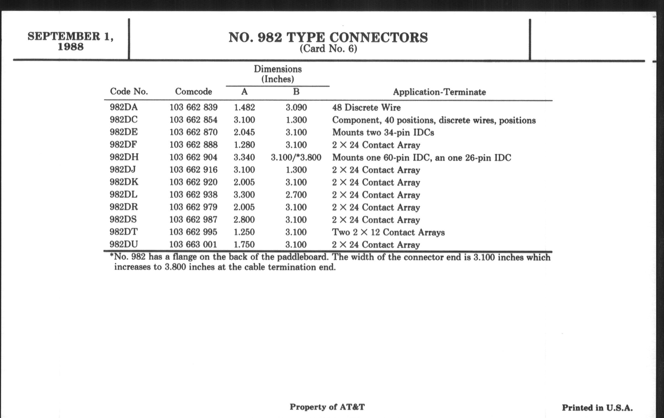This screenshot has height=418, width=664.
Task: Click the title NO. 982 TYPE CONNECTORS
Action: click(x=328, y=37)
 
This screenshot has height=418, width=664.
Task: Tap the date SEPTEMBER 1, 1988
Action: click(x=71, y=41)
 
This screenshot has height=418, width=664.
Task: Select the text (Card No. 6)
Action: click(x=328, y=49)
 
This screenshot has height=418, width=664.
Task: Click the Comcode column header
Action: click(x=193, y=91)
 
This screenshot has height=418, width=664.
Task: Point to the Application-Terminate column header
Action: click(x=439, y=92)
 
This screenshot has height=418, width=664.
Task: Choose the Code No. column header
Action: click(x=129, y=91)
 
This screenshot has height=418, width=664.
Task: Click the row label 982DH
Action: click(x=124, y=157)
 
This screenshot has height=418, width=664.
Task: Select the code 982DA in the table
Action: click(x=123, y=107)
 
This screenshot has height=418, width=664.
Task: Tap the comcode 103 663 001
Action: click(x=193, y=245)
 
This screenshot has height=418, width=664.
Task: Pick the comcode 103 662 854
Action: click(x=193, y=120)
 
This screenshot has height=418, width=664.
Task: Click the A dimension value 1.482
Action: click(x=244, y=107)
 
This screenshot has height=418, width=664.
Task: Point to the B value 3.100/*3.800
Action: click(x=296, y=158)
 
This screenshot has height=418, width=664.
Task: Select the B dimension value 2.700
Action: click(x=296, y=195)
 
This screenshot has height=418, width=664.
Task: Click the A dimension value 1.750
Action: click(x=244, y=245)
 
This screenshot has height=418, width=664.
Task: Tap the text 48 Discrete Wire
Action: click(x=366, y=107)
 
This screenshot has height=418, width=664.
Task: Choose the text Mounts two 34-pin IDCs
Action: click(x=383, y=133)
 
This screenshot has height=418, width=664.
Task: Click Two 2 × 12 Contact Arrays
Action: click(x=388, y=232)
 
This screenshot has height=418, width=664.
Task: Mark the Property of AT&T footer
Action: click(x=327, y=407)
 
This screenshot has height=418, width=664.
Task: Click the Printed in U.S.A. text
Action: click(x=597, y=408)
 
